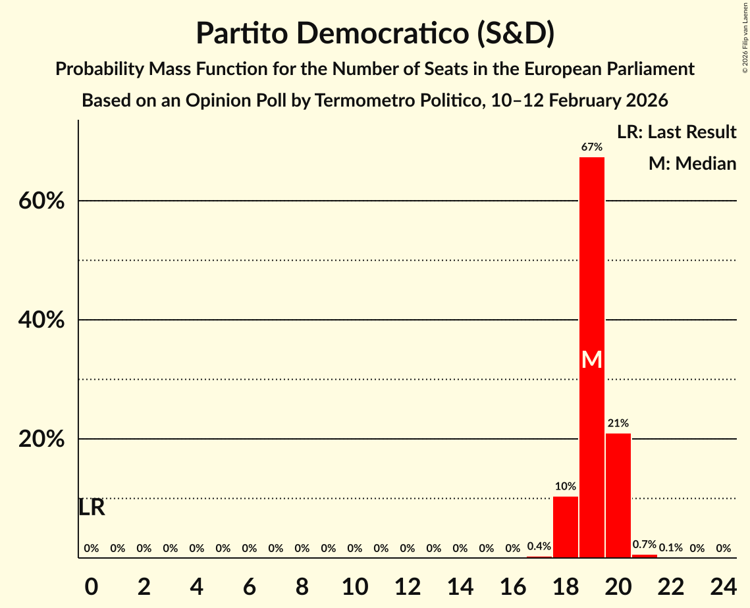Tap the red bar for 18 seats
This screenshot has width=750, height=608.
566,526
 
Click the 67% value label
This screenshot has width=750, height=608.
592,147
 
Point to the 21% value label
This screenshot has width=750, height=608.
618,423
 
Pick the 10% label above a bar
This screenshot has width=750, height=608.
566,486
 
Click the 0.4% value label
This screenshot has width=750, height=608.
539,546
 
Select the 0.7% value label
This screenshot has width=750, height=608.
645,545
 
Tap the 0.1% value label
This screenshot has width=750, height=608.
671,548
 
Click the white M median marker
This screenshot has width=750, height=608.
592,359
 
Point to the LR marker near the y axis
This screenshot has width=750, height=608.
92,507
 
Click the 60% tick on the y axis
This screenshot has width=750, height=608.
41,201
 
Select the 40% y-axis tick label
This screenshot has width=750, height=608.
41,320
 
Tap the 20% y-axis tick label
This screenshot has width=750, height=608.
41,439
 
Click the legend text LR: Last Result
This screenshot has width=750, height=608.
677,132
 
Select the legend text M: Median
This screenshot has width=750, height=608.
692,164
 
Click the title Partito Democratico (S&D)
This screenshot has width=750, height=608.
375,34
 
